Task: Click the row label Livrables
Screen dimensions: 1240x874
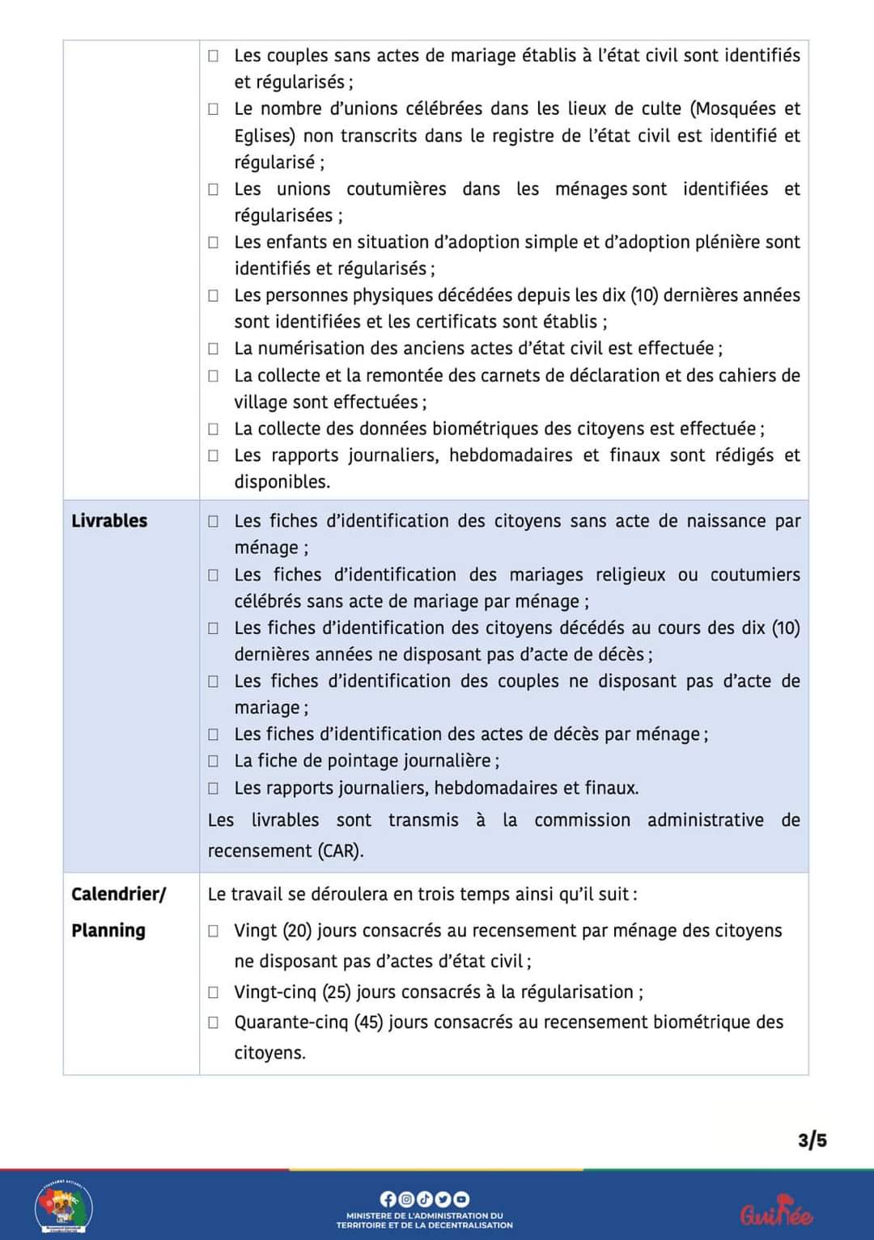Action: (109, 521)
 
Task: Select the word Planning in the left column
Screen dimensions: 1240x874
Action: (108, 930)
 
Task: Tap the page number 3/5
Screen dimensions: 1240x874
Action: (812, 1141)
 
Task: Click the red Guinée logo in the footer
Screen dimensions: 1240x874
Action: (776, 1212)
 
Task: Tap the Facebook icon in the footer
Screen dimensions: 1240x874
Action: (388, 1199)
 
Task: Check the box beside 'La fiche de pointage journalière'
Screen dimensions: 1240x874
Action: (214, 761)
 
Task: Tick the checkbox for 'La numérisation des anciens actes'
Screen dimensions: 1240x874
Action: (214, 349)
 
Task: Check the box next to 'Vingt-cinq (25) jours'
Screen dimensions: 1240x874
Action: (214, 992)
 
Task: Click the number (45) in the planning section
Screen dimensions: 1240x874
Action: (368, 1022)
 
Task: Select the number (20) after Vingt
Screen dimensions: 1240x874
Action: (297, 931)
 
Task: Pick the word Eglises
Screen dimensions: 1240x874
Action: (264, 136)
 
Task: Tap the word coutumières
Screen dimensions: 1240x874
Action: (396, 189)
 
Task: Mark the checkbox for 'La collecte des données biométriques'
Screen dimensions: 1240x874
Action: (214, 429)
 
